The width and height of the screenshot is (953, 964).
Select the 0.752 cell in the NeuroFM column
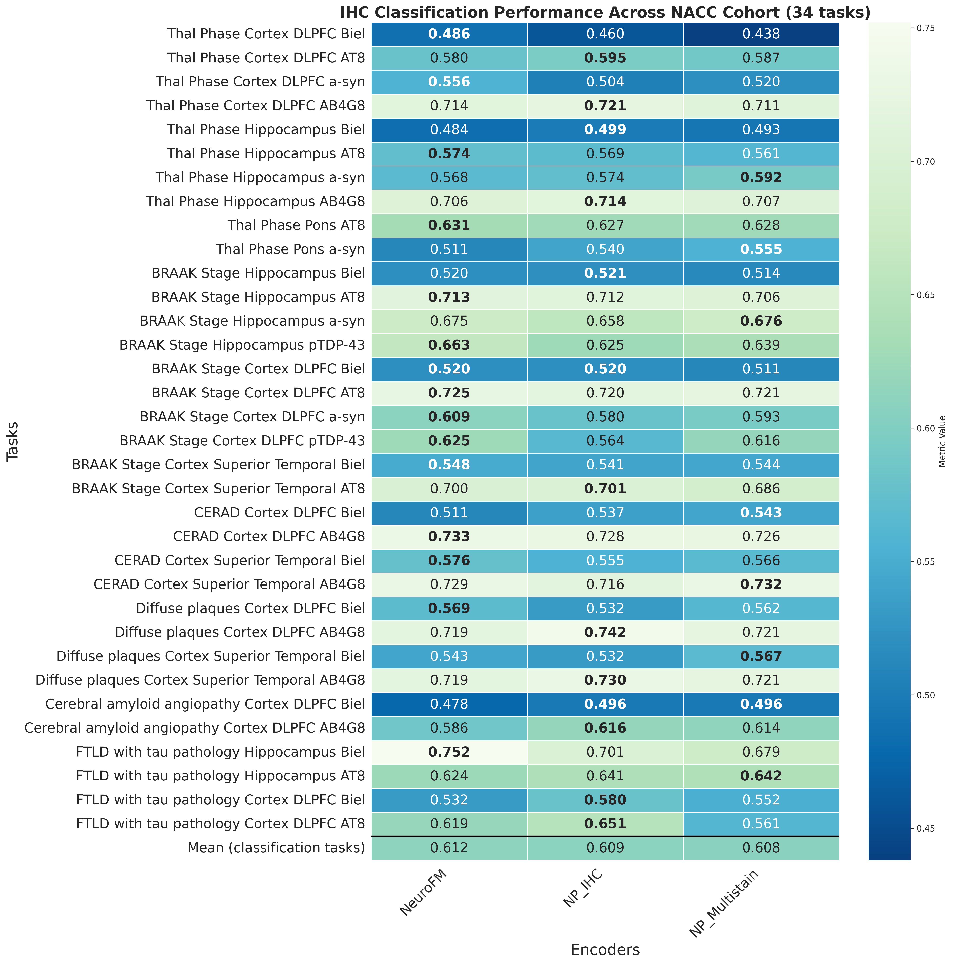pos(449,752)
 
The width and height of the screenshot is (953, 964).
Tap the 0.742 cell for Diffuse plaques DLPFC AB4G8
pos(605,632)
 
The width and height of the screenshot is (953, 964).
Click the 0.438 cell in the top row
pos(761,34)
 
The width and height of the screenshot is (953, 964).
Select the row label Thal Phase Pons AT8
pos(296,226)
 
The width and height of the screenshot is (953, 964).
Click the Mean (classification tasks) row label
pos(276,848)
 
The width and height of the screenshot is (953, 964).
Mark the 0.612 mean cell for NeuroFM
pos(449,848)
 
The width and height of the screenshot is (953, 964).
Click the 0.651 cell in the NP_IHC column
pos(605,824)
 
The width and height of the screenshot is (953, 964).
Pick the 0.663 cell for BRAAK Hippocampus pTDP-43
pos(449,345)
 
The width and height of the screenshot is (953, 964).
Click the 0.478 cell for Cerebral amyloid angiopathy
pos(449,704)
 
